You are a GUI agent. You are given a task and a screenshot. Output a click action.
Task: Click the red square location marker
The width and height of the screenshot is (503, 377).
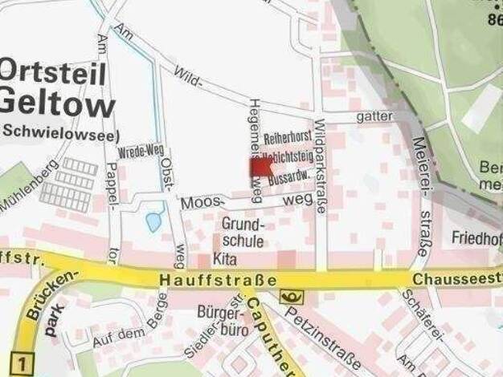point(261,167)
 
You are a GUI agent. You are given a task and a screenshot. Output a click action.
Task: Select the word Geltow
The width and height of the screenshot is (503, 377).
point(57,103)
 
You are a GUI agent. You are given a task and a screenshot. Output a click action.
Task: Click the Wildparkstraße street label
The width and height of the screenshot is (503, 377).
point(321,167)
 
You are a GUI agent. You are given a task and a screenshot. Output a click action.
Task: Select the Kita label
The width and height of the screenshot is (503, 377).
point(223,259)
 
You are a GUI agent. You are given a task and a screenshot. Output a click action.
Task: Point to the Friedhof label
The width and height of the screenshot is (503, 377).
point(476,238)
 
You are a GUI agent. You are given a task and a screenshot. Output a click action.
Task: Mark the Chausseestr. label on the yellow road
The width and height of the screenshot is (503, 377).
point(458,280)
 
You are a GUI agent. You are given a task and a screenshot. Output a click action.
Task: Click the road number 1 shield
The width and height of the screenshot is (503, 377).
point(23,364)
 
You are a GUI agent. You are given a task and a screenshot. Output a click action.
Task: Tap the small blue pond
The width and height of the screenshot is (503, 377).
point(153,221)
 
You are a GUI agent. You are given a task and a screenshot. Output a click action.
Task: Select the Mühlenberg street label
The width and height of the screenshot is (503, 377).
point(29,186)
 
